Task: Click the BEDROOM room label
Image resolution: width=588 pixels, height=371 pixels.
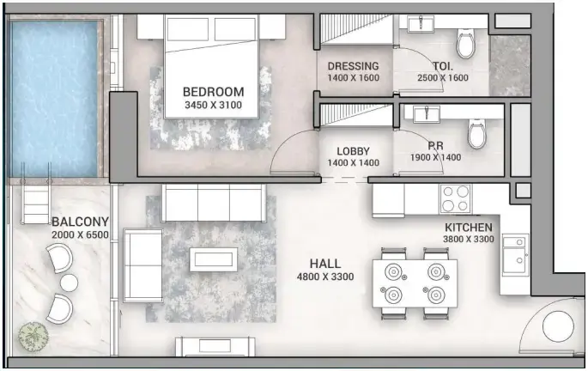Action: [x=214, y=92]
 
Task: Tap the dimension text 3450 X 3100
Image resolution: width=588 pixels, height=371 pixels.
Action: [x=214, y=106]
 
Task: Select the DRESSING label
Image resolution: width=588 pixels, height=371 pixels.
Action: [x=353, y=66]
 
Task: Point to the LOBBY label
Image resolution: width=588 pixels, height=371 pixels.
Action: [x=353, y=150]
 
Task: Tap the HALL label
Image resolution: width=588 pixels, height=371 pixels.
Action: [x=325, y=264]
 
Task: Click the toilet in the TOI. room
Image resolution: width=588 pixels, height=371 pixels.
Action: [x=466, y=43]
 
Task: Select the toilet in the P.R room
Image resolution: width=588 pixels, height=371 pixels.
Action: [x=476, y=134]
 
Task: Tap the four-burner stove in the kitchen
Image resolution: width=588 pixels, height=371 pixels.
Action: [x=454, y=199]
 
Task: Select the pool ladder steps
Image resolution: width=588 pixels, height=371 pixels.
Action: [x=37, y=204]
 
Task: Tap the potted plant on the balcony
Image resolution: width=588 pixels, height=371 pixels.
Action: [x=31, y=335]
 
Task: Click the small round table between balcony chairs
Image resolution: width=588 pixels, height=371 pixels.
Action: [x=69, y=282]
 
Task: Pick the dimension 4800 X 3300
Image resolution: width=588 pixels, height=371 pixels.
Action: [x=325, y=277]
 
